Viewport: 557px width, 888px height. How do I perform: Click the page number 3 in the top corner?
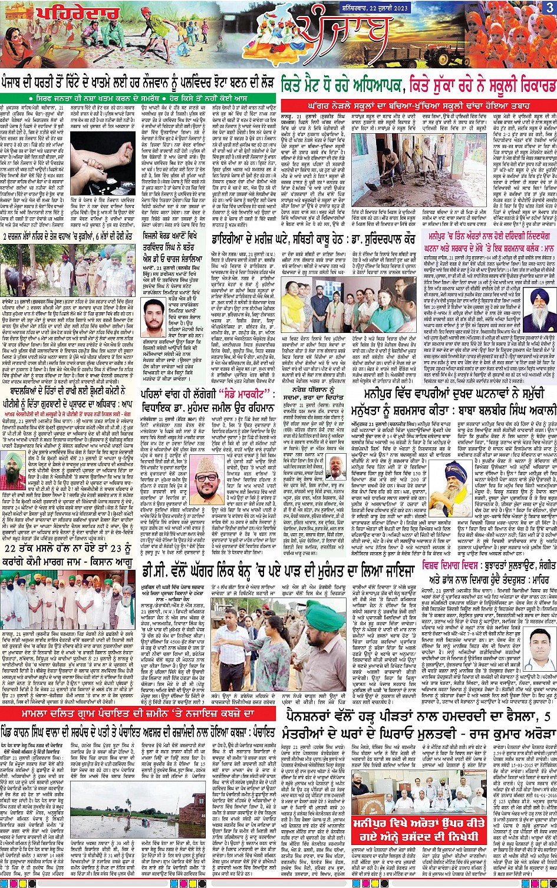(549, 8)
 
